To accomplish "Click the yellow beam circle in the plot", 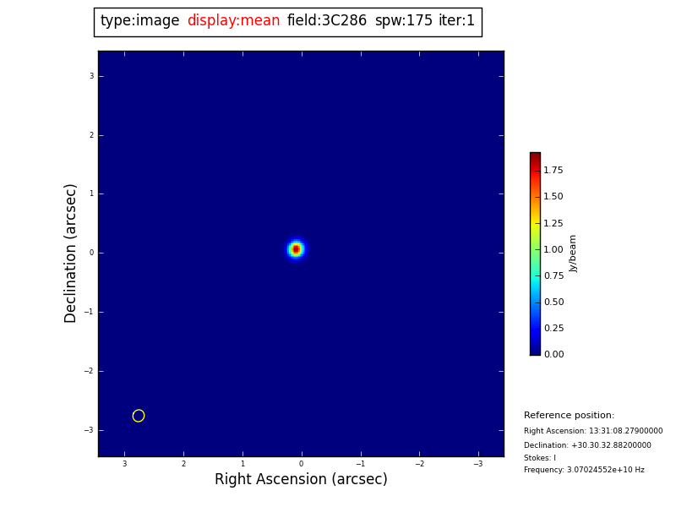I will (139, 416).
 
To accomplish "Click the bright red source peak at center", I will (296, 249).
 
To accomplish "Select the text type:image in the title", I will (140, 21).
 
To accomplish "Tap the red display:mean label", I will (233, 21).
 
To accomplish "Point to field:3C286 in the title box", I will (327, 21).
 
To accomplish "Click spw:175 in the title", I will (404, 21).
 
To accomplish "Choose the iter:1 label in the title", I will (456, 21).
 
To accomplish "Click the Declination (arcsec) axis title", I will (71, 253).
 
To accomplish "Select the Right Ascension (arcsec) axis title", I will (301, 480).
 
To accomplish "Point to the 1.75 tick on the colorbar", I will (553, 171).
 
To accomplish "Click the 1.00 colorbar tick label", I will (553, 250).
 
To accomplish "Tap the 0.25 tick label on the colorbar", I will (553, 329).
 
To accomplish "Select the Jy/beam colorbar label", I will (574, 253).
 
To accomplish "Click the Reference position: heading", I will (569, 416).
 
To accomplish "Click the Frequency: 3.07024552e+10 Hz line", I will (584, 471).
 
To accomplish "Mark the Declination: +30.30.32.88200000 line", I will (587, 445).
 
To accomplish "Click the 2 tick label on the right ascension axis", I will (183, 464).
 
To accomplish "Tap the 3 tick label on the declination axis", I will (91, 76).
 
